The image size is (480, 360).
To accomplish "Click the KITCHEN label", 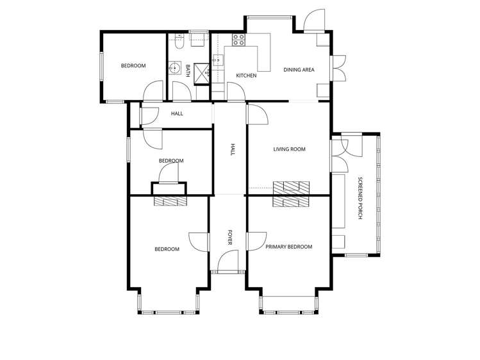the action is click(246, 75).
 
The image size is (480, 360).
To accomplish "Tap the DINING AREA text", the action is click(299, 70).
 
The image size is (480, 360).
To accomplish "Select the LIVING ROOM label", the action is click(289, 149).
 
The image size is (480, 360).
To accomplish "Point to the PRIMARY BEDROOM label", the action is click(288, 247).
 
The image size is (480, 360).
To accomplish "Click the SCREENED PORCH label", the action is click(360, 198).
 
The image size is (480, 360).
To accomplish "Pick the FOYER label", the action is click(230, 238).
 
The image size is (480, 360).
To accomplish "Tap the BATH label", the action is click(188, 70).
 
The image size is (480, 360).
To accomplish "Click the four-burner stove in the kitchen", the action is click(238, 40).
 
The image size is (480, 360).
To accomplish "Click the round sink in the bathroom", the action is click(175, 68).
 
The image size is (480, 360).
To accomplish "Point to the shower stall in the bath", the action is click(202, 74).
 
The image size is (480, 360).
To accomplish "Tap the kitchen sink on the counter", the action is click(218, 60).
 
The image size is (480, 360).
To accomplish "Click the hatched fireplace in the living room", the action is click(291, 188).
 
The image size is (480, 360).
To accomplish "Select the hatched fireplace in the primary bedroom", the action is click(291, 202).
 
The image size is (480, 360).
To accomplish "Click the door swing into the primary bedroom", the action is click(256, 241).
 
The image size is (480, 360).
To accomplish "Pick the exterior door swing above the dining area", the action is click(314, 20).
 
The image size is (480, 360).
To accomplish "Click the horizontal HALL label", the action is click(177, 113).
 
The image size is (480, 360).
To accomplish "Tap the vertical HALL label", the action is click(233, 149).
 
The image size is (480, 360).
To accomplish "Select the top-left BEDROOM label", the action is click(133, 65).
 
